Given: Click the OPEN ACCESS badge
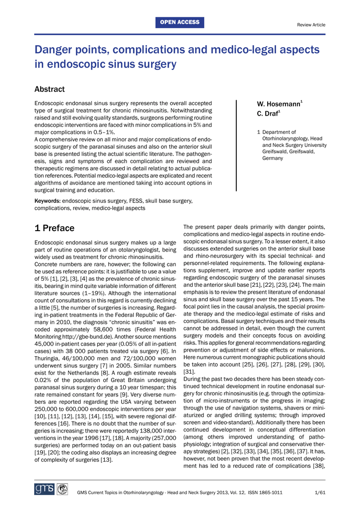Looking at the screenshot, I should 180,22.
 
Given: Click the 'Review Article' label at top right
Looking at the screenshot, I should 311,25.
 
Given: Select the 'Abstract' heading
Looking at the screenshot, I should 49,89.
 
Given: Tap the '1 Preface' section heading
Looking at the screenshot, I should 54,228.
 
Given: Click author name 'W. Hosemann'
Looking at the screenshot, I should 278,104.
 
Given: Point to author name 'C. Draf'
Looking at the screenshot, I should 267,115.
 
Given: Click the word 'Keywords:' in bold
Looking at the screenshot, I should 47,201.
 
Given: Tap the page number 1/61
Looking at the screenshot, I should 320,492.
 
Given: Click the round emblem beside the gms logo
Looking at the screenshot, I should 62,490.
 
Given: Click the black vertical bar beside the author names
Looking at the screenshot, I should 236,145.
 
